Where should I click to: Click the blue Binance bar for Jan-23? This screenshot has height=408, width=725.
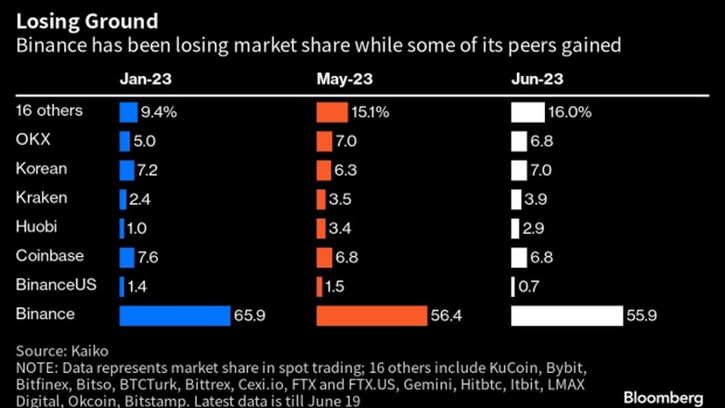tap(175, 315)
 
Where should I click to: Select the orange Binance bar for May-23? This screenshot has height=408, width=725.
tap(371, 315)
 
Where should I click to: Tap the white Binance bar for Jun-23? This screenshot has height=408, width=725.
tap(566, 315)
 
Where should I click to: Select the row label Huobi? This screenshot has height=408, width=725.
tap(36, 227)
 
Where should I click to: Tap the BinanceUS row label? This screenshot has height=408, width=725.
tap(50, 285)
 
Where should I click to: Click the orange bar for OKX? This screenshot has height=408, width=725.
tap(324, 141)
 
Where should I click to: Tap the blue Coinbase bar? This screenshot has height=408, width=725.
tap(127, 257)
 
